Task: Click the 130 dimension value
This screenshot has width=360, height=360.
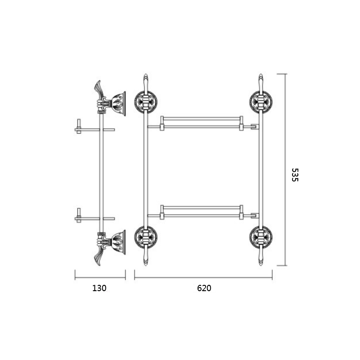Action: (x=99, y=288)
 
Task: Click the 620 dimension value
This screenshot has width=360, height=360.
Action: (x=204, y=288)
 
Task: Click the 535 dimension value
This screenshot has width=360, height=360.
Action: (x=295, y=175)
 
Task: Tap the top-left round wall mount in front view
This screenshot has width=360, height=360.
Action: (x=146, y=102)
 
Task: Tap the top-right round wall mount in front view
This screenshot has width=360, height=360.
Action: (x=261, y=102)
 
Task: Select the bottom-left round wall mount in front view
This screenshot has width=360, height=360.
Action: (x=146, y=238)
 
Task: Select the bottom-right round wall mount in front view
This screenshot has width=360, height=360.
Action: (x=261, y=238)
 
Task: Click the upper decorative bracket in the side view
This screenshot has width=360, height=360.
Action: (x=110, y=98)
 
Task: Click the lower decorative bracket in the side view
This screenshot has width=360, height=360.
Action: (x=110, y=247)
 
